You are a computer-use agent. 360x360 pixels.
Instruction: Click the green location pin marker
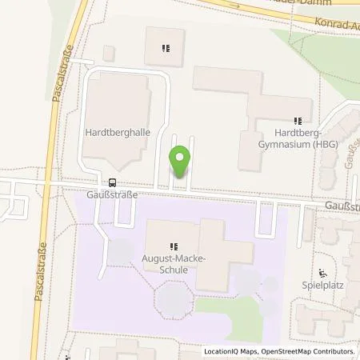[181, 162]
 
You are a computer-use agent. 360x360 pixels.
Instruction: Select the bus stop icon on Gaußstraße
[112, 182]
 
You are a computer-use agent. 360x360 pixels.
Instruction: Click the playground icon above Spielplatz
[322, 271]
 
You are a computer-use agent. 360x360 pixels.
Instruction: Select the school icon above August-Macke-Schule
[174, 246]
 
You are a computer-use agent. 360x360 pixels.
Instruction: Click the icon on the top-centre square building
[165, 48]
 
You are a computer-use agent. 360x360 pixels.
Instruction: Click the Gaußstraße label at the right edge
[342, 206]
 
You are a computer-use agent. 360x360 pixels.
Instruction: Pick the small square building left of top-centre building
[109, 53]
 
